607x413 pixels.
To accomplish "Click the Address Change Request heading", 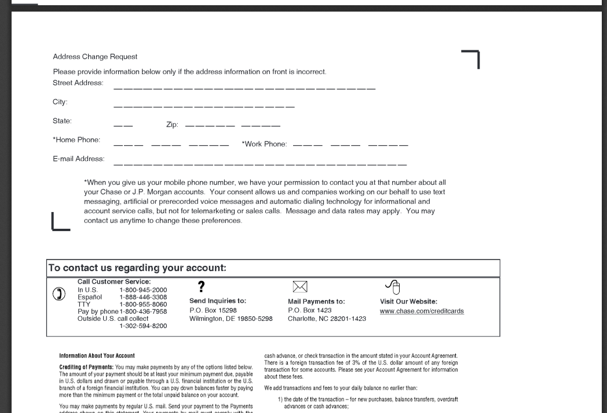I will pyautogui.click(x=95, y=57).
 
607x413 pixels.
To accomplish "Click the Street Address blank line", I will pyautogui.click(x=244, y=89).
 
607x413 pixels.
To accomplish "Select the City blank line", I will pyautogui.click(x=204, y=107).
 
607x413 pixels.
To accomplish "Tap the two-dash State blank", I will pyautogui.click(x=123, y=126).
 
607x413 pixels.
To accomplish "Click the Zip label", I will pyautogui.click(x=172, y=125).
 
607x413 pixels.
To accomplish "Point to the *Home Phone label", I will pyautogui.click(x=76, y=140).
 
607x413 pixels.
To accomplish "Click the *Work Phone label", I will pyautogui.click(x=264, y=144).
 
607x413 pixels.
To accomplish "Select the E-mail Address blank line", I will pyautogui.click(x=260, y=165).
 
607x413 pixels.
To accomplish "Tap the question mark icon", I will pyautogui.click(x=201, y=286).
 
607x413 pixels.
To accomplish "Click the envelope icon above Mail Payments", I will pyautogui.click(x=299, y=286).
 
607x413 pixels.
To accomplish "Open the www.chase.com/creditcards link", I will pyautogui.click(x=422, y=311).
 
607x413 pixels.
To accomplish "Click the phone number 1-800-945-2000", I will pyautogui.click(x=143, y=290).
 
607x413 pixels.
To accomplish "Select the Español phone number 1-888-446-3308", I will pyautogui.click(x=143, y=297).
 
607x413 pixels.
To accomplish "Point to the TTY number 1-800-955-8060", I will pyautogui.click(x=143, y=304).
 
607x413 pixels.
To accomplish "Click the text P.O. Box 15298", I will pyautogui.click(x=213, y=310).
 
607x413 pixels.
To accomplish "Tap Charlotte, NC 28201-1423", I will pyautogui.click(x=327, y=319).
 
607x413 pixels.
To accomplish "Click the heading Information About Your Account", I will pyautogui.click(x=97, y=356).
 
